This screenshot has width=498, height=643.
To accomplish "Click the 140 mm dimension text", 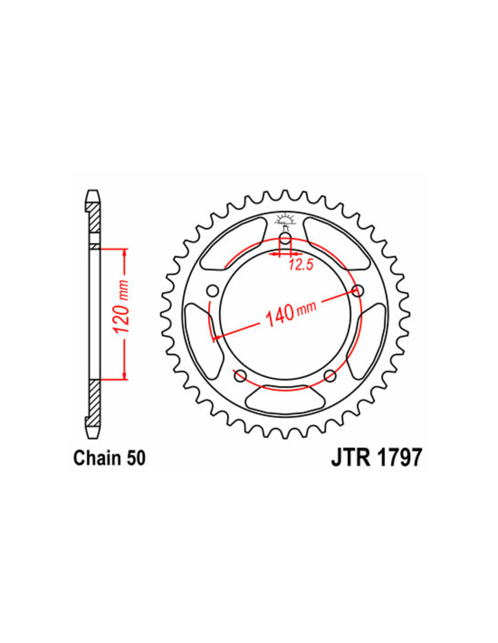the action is [291, 314].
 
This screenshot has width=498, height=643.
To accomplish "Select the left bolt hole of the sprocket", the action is [213, 291].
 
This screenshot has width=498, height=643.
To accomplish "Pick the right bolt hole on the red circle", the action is [358, 291].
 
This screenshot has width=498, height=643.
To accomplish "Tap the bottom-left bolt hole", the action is [240, 376].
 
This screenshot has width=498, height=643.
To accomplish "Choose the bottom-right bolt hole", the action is [330, 376].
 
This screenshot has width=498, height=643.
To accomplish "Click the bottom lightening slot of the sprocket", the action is [285, 398].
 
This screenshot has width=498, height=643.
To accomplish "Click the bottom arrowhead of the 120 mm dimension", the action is [124, 374].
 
